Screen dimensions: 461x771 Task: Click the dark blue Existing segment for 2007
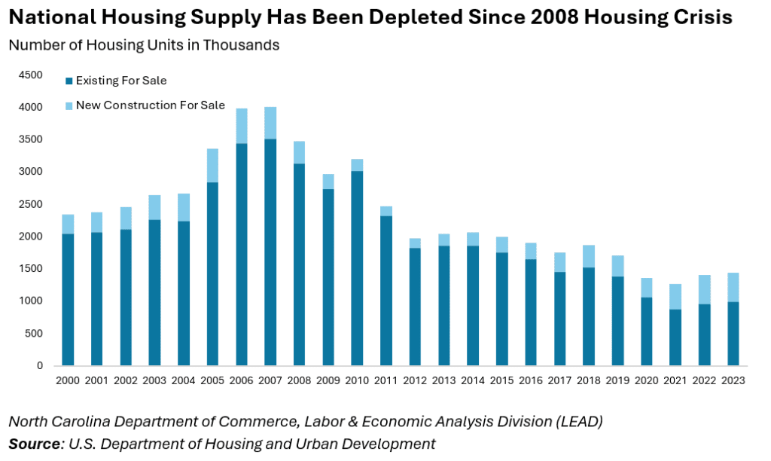click(x=270, y=252)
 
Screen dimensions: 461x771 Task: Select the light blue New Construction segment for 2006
click(x=242, y=126)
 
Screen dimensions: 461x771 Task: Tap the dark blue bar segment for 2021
click(x=675, y=337)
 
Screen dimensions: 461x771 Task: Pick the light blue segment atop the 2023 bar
click(x=733, y=287)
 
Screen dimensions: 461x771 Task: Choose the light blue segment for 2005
click(x=213, y=165)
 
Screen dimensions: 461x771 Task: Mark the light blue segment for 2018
click(x=588, y=256)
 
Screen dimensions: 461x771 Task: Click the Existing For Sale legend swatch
click(x=69, y=81)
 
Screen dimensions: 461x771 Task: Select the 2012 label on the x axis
click(x=415, y=381)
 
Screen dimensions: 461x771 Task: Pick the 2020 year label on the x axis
click(x=646, y=381)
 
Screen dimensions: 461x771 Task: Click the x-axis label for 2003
click(x=155, y=381)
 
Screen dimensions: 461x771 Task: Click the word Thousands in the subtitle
click(x=243, y=45)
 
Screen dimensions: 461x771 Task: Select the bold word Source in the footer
click(x=33, y=444)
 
